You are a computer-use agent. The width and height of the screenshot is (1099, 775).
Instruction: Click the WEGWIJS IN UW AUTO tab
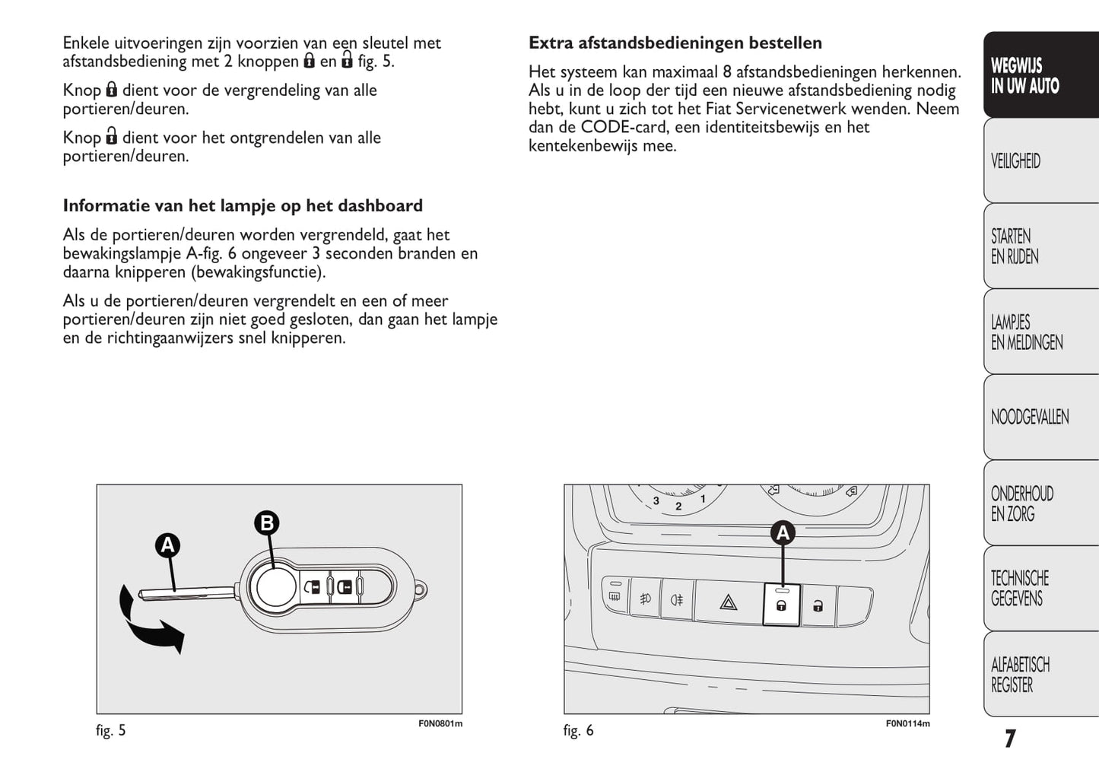[1040, 75]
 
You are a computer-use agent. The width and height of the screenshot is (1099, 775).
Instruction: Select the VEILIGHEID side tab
[1040, 161]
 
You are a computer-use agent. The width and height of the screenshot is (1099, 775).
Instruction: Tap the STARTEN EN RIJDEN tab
[1040, 246]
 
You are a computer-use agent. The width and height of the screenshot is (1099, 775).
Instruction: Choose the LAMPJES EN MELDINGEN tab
[1040, 332]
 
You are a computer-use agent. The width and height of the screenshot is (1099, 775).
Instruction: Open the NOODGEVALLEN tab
[1040, 417]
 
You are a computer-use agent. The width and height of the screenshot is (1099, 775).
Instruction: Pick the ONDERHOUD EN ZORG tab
[1040, 503]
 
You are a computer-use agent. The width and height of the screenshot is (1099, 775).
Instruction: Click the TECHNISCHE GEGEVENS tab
[1040, 589]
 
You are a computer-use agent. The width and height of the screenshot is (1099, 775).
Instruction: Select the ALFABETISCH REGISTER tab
[1040, 675]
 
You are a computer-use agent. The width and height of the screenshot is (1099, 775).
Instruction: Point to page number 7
[1009, 738]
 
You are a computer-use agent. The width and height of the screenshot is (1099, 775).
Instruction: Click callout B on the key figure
[266, 523]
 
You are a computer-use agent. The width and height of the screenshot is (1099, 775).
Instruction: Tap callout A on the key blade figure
[167, 545]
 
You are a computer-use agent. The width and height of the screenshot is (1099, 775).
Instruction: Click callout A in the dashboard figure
[782, 533]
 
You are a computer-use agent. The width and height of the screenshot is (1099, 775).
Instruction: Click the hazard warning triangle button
[728, 604]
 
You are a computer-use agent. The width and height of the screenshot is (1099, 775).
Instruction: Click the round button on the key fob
[273, 587]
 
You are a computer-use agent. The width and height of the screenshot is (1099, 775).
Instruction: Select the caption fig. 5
[111, 731]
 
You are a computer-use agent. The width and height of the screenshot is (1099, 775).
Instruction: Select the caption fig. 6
[578, 731]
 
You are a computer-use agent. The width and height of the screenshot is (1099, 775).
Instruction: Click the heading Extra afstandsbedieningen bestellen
[675, 43]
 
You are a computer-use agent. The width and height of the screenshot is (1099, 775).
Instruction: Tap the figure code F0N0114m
[907, 723]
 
